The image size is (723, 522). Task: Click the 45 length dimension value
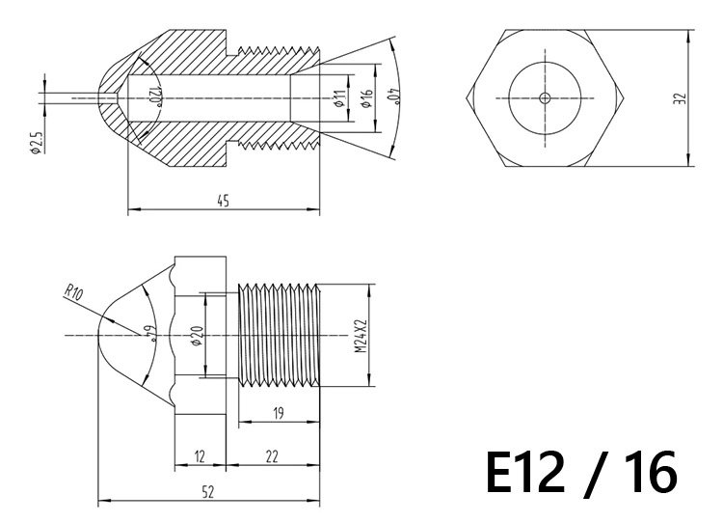pos(224,201)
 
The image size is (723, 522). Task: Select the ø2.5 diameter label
pos(36,143)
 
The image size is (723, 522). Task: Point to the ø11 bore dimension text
pos(339,98)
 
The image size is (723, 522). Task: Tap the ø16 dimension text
pos(366,98)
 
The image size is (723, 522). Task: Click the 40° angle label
pos(395,96)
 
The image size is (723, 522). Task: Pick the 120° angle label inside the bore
pos(154,96)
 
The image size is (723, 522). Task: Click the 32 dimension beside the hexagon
pos(680,98)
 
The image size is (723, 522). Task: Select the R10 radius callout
pos(73,292)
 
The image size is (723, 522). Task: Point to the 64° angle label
pos(151,333)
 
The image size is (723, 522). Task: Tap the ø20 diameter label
pos(197,336)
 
